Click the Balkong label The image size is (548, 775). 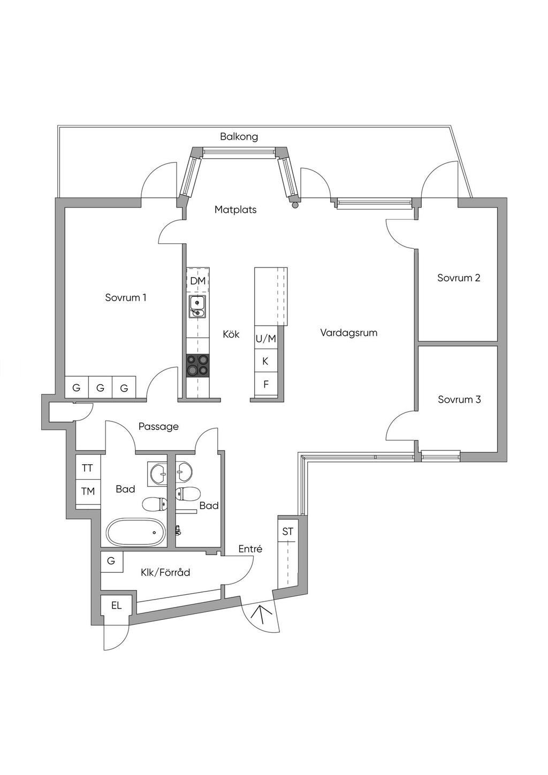pyautogui.click(x=239, y=136)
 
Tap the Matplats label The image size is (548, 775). pyautogui.click(x=235, y=210)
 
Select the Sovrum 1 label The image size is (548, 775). pyautogui.click(x=126, y=297)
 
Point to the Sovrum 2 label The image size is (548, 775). pyautogui.click(x=459, y=278)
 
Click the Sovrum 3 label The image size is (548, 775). pyautogui.click(x=459, y=400)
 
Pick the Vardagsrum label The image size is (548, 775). pyautogui.click(x=349, y=333)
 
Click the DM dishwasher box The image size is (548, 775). pyautogui.click(x=198, y=281)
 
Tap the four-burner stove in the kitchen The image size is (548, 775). pyautogui.click(x=197, y=366)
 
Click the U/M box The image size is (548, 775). pyautogui.click(x=265, y=339)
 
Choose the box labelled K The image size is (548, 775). pyautogui.click(x=265, y=362)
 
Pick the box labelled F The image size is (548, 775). pyautogui.click(x=265, y=384)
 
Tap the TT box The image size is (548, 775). pyautogui.click(x=87, y=468)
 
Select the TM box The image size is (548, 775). pyautogui.click(x=88, y=490)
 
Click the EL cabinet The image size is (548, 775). pyautogui.click(x=117, y=606)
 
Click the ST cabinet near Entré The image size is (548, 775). pyautogui.click(x=288, y=532)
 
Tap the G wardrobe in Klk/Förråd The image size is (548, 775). pyautogui.click(x=111, y=561)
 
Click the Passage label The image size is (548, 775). pyautogui.click(x=158, y=426)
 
